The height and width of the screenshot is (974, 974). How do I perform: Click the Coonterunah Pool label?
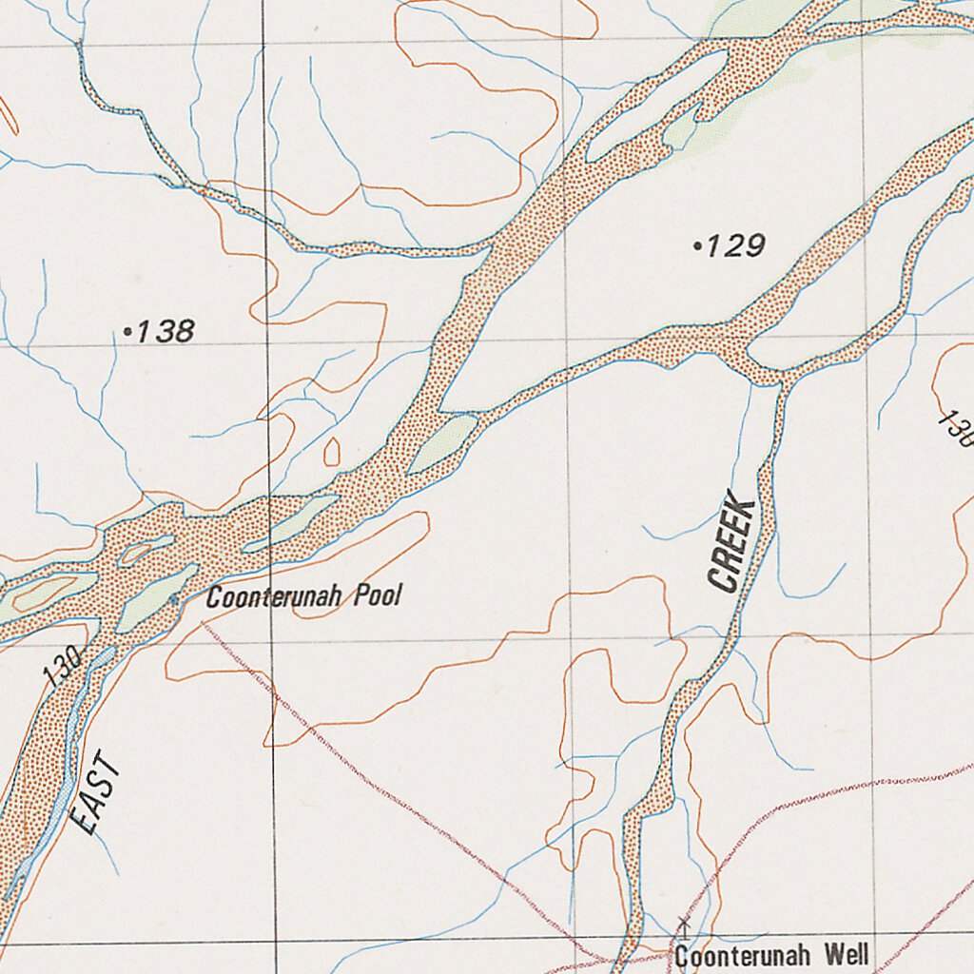click(x=304, y=597)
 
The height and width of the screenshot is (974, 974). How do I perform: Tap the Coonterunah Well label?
click(x=771, y=955)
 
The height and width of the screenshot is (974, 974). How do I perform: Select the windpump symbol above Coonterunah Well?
click(x=682, y=924)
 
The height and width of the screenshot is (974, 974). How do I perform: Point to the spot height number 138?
click(x=166, y=332)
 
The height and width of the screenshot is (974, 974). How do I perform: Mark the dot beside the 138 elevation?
click(x=127, y=332)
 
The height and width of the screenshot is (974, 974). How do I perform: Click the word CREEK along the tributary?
click(x=732, y=547)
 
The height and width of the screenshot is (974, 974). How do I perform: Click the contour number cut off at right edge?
click(x=956, y=428)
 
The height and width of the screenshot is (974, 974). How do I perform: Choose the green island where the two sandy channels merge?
click(x=443, y=443)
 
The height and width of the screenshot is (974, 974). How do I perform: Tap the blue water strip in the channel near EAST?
click(x=67, y=761)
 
